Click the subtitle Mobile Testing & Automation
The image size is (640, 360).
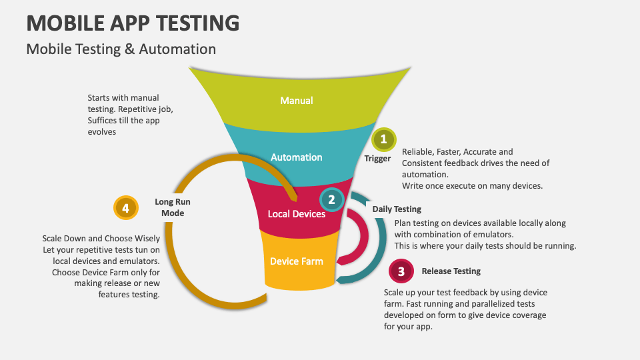click(x=121, y=49)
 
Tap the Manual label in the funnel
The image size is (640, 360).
click(x=296, y=101)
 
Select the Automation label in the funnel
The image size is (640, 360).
click(x=296, y=157)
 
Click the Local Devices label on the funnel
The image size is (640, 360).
click(x=296, y=214)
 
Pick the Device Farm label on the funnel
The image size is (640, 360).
click(x=296, y=261)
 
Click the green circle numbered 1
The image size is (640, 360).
click(x=383, y=139)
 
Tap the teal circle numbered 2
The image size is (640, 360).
click(x=331, y=199)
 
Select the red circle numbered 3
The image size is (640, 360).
click(x=401, y=271)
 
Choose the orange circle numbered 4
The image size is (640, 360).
click(x=125, y=208)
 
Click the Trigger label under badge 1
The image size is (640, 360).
click(x=377, y=159)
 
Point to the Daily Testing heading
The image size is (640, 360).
click(x=397, y=209)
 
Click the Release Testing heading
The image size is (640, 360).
click(x=451, y=271)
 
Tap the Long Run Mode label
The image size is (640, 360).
click(x=173, y=207)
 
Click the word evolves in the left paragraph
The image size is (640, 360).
click(x=101, y=132)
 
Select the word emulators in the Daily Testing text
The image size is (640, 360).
click(x=492, y=235)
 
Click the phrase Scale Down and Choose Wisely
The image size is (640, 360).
click(x=101, y=238)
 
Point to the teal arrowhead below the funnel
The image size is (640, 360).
click(x=341, y=279)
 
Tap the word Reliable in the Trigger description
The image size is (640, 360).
click(x=418, y=152)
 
